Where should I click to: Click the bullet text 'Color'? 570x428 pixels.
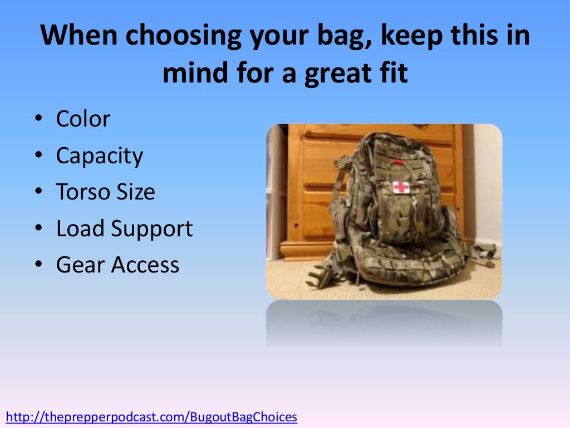coord(83,119)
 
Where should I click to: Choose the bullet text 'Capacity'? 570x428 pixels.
coord(99,156)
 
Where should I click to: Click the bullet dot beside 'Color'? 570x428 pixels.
coord(38,120)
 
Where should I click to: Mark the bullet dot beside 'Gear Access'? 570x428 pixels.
coord(38,266)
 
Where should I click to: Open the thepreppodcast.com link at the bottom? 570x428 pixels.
coord(151,417)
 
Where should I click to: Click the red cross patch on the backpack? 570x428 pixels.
coord(401,187)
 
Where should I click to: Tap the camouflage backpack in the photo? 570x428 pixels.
coord(398,217)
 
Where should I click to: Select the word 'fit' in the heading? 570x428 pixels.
coord(393,74)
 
